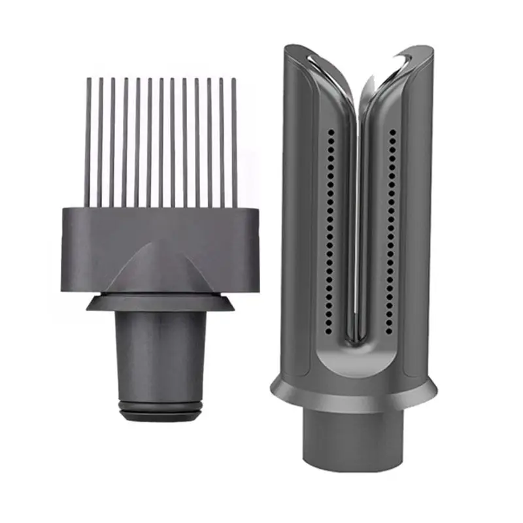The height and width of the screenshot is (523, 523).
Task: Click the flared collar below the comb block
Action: (160, 302)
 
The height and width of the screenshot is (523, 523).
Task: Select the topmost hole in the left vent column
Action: (331, 131)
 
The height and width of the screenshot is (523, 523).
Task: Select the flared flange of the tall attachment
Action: (353, 396)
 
